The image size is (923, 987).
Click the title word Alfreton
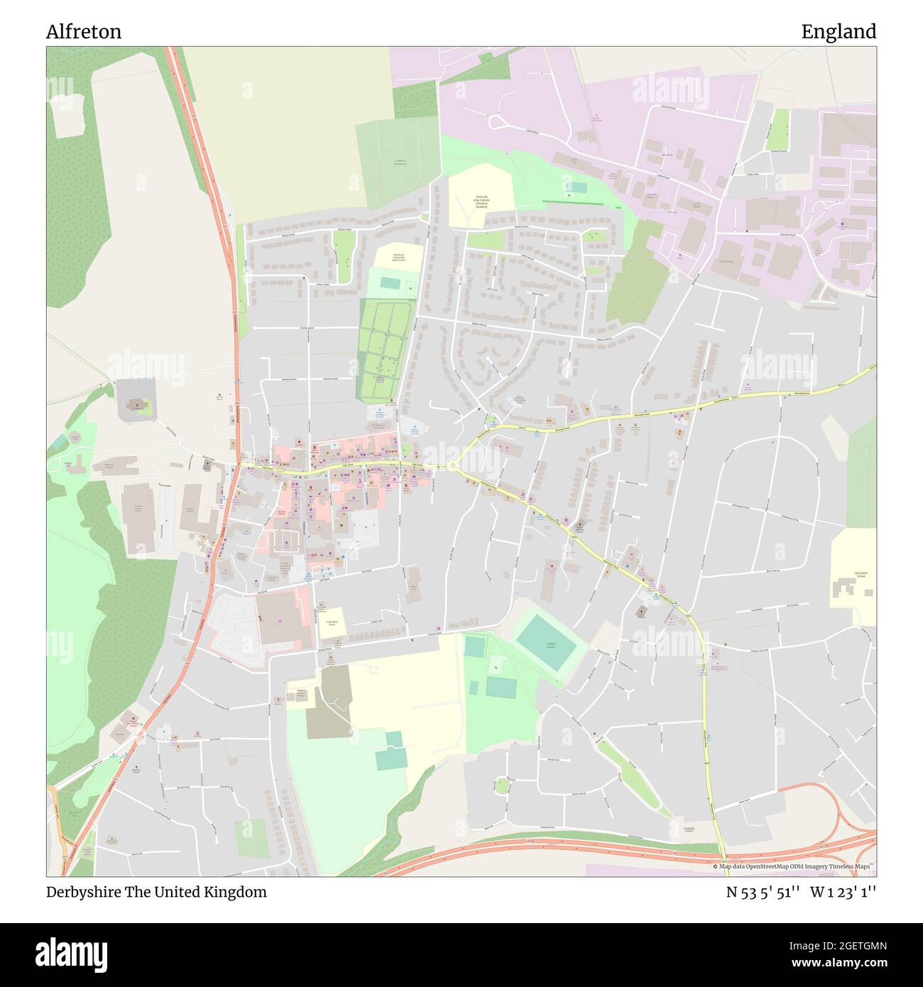(x=84, y=32)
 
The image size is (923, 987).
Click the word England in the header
(x=839, y=32)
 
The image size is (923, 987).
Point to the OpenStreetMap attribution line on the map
(x=793, y=866)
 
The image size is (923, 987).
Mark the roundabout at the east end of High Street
(x=452, y=466)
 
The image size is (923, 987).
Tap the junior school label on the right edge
(x=861, y=574)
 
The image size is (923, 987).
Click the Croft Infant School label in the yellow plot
(x=331, y=622)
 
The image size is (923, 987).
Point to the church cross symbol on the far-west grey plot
(x=135, y=406)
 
